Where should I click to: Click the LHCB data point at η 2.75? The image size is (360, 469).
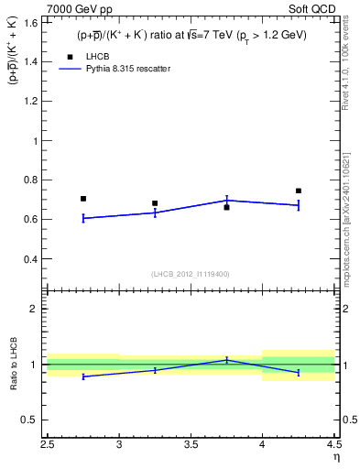[x=83, y=199]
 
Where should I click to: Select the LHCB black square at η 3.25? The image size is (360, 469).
[x=155, y=203]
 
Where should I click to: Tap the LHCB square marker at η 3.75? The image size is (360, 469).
[x=227, y=208]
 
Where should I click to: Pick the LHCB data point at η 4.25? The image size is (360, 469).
[x=299, y=191]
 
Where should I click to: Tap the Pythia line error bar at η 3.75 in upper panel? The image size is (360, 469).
[x=227, y=200]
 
